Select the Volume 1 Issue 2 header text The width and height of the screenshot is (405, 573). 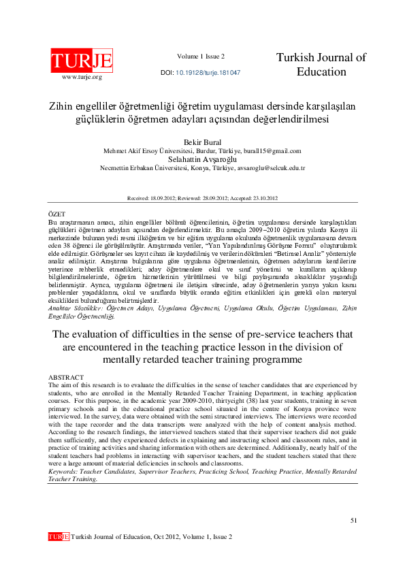click(201, 56)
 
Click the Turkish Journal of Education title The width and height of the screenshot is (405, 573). click(321, 65)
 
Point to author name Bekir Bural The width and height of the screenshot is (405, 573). click(202, 142)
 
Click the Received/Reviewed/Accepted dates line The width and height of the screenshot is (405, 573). click(202, 198)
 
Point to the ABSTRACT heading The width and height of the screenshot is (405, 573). click(66, 377)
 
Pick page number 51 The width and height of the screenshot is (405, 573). click(353, 520)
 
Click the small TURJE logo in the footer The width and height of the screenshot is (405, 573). click(59, 537)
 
